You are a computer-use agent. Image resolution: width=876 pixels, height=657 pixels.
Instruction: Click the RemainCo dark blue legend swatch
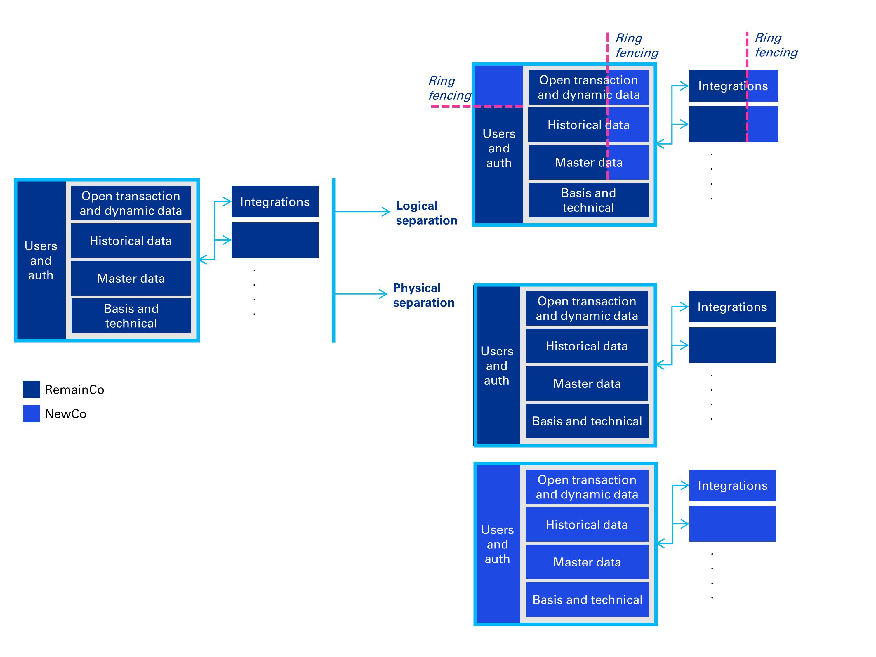pos(31,389)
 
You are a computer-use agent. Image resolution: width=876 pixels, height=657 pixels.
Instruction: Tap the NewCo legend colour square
pos(31,413)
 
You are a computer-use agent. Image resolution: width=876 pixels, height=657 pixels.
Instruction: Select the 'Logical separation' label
pos(426,213)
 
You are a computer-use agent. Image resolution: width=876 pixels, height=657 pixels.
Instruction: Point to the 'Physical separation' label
pos(423,295)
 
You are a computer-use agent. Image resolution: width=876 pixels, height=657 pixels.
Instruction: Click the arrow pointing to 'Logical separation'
pos(362,212)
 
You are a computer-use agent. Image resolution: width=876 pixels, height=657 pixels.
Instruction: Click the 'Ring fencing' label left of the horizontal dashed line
pos(449,88)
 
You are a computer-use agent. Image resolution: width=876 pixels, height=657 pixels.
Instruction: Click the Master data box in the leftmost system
pos(131,278)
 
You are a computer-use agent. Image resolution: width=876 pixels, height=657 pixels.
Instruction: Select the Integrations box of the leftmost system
pos(275,201)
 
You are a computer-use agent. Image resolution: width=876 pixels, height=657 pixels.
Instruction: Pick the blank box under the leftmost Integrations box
pos(275,240)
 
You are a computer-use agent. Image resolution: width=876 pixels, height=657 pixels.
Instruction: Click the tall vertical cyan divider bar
pos(333,260)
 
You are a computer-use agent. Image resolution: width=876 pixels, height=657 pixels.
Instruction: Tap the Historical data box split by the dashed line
pos(588,125)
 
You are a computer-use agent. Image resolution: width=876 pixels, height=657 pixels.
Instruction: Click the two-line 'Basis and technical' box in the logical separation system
pos(588,200)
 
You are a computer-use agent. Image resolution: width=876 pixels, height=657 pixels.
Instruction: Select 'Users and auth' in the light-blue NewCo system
pos(497,544)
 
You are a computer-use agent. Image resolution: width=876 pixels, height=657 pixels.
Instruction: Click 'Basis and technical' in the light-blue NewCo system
pos(587,599)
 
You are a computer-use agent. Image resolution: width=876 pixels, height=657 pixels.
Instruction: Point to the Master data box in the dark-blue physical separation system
pos(587,383)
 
